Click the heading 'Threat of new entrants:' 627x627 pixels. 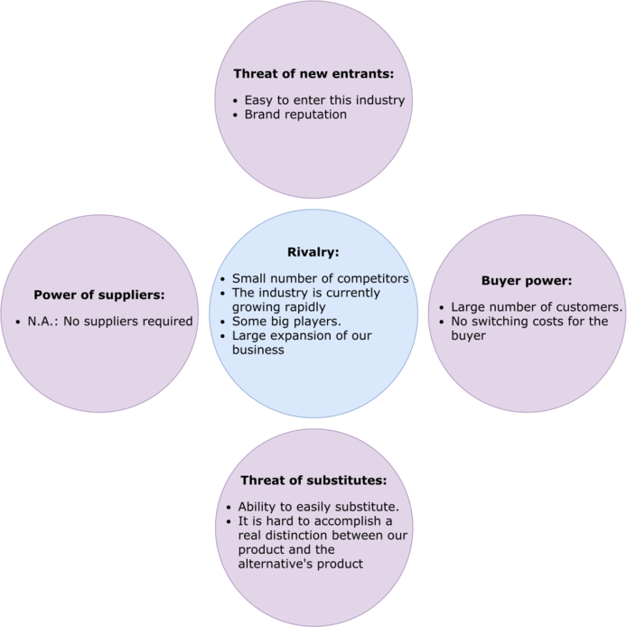313,73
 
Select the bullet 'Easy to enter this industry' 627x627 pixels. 324,99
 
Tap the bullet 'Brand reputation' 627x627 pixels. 295,115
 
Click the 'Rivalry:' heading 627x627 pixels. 313,252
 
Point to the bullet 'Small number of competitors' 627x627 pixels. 320,278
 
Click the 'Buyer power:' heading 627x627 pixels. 527,281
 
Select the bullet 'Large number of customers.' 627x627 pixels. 537,307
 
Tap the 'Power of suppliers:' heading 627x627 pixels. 99,295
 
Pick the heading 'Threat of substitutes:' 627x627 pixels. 313,480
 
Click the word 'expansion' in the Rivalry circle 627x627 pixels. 305,336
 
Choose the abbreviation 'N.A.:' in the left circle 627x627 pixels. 42,321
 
